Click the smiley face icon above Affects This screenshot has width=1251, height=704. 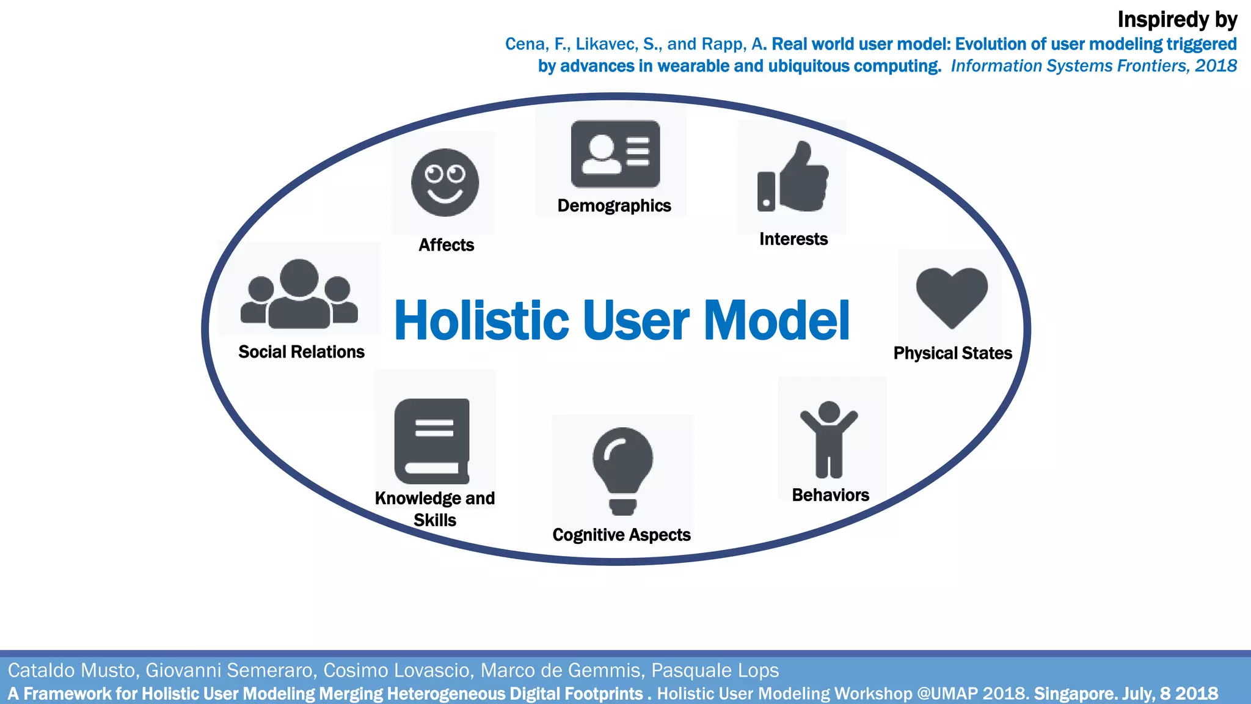point(445,182)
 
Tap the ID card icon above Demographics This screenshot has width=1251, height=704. point(615,154)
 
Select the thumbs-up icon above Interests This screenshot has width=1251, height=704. point(793,178)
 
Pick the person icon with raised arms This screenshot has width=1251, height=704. point(829,439)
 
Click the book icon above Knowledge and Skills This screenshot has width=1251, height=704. point(432,441)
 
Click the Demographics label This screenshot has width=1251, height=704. point(614,206)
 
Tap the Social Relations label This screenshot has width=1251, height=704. point(301,352)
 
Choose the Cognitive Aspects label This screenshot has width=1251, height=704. point(621,535)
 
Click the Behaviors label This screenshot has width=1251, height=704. point(830,495)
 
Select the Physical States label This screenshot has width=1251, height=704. point(952,353)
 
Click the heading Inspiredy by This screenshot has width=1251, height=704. point(1176,20)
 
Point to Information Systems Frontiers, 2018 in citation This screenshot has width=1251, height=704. point(1093,66)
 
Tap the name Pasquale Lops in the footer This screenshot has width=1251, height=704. point(715,670)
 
